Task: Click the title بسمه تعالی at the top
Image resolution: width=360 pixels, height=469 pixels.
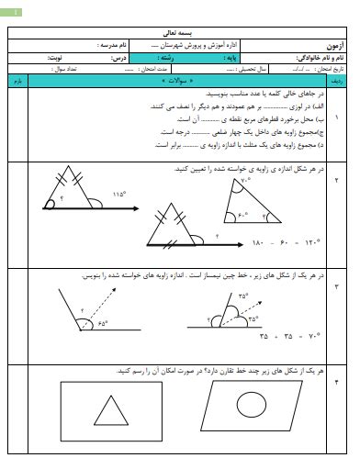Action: click(x=179, y=31)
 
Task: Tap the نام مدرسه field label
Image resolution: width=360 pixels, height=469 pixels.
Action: click(x=113, y=44)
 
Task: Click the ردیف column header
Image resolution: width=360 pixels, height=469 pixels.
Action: click(x=339, y=82)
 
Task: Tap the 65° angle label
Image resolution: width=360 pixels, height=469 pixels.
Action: click(x=101, y=323)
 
